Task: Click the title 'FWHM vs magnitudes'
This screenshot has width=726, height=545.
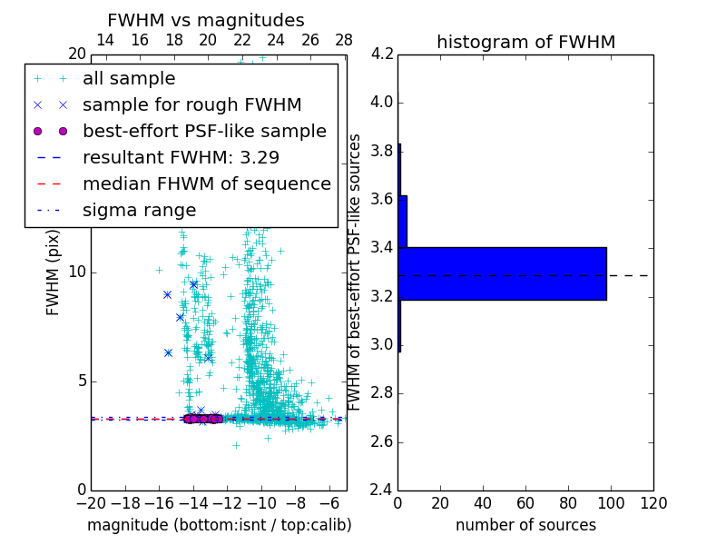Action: [x=206, y=20]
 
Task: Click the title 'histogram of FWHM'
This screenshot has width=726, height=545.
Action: [x=525, y=42]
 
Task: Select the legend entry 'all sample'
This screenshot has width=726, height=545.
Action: [x=129, y=79]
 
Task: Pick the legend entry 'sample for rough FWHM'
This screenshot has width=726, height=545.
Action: [x=191, y=104]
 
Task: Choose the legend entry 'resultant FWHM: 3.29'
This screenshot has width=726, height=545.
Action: [x=181, y=157]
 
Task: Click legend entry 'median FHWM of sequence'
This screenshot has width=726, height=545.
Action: [x=206, y=183]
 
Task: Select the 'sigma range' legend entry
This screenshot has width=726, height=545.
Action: [x=139, y=210]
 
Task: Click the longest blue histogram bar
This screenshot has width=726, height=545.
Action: [x=503, y=273]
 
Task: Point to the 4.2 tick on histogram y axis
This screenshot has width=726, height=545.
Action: [x=381, y=54]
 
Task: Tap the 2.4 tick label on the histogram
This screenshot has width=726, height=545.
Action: [x=381, y=490]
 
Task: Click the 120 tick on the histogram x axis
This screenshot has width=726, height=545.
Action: [x=653, y=503]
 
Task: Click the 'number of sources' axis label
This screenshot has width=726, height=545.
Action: [x=525, y=525]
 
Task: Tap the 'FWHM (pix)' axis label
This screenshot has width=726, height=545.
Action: [x=54, y=271]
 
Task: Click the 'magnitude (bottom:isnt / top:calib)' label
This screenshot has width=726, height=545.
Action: [x=219, y=525]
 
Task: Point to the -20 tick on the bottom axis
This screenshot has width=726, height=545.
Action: [x=91, y=503]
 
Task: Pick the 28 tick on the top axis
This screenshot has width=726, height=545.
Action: [x=344, y=40]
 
